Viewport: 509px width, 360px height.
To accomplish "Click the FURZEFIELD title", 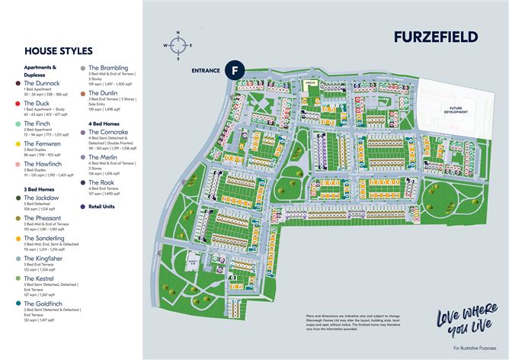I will coord(436,37).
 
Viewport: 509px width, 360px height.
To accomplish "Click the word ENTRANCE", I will coord(205,70).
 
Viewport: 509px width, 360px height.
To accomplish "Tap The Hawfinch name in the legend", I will coord(42,163).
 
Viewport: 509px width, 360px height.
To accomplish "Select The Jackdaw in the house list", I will coord(41,198).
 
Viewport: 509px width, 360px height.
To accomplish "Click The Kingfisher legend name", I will coord(43,259).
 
